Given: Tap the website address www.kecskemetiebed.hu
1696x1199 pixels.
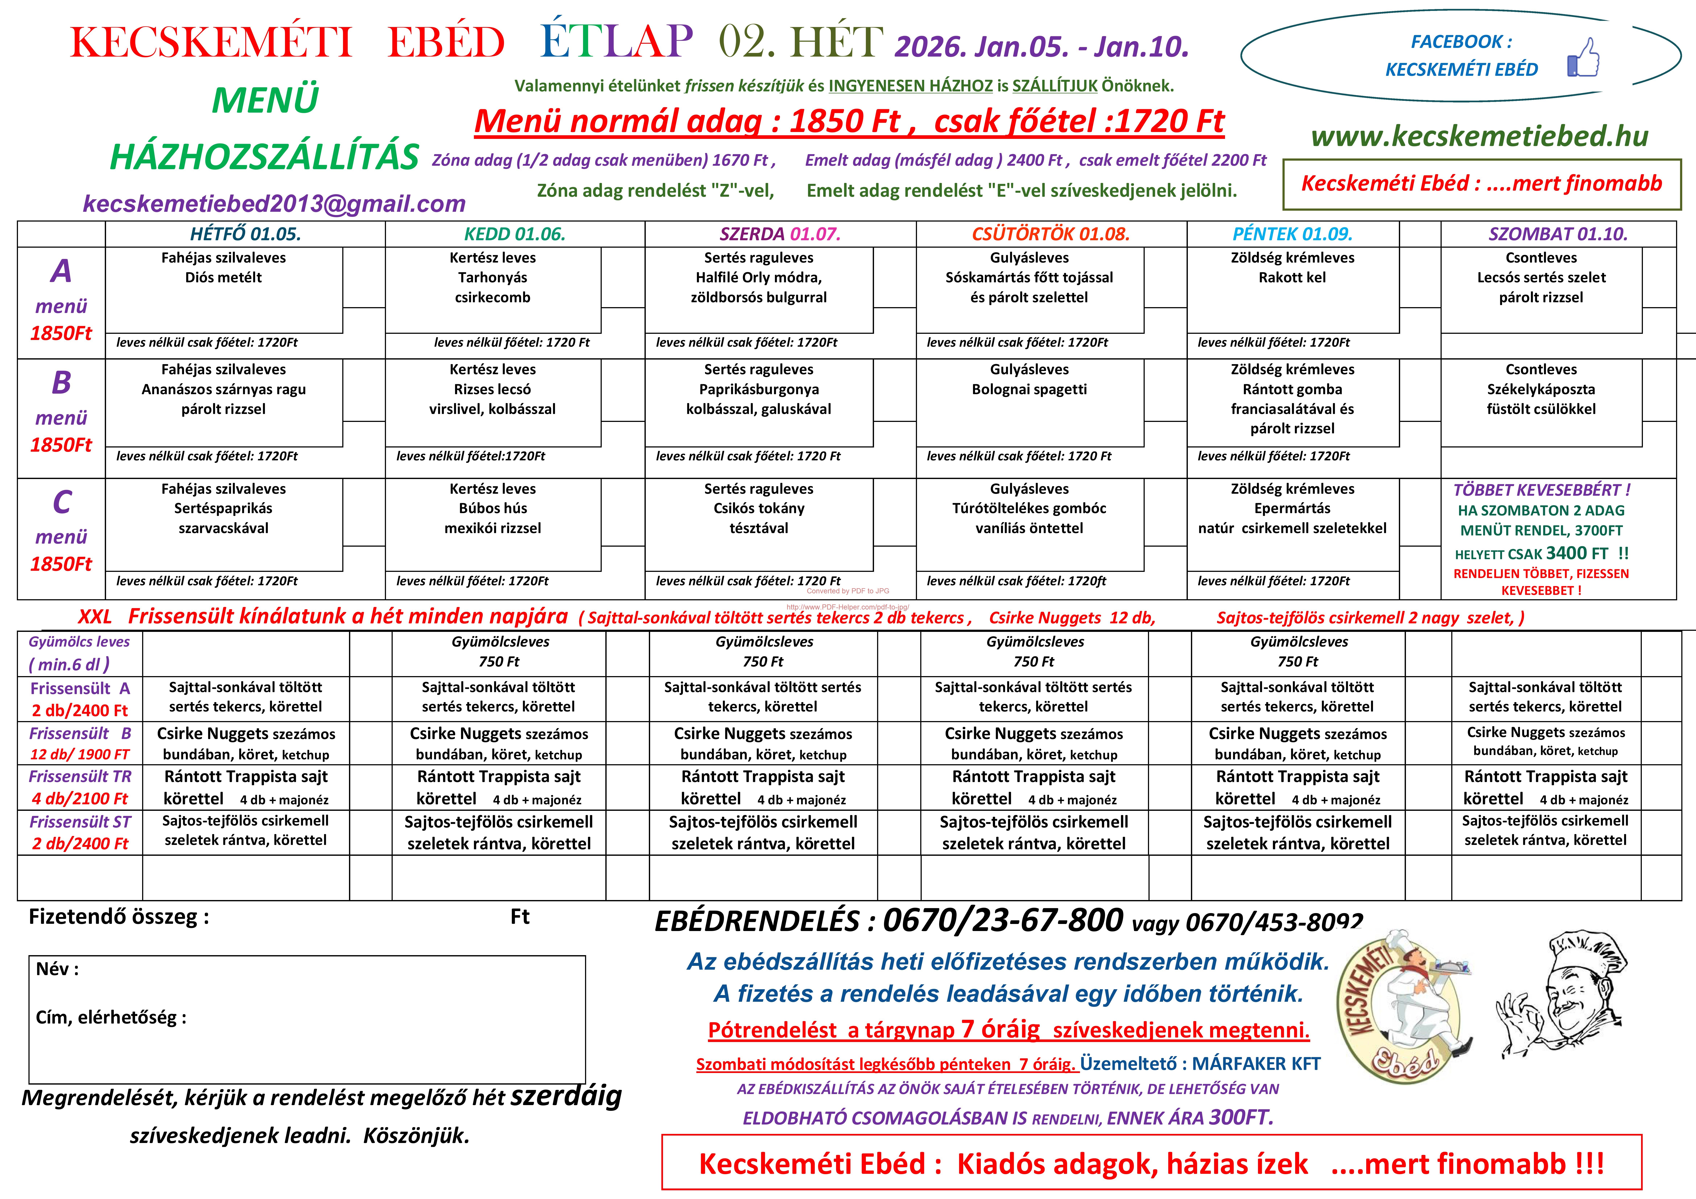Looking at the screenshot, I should coord(1480,136).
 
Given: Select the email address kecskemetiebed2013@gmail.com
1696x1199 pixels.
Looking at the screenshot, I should coord(274,203).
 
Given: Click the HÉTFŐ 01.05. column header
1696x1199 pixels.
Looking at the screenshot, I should coord(245,234).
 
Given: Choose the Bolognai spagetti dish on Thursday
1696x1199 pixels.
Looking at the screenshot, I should coord(1029,389).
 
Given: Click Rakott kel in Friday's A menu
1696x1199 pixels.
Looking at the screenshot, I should coord(1292,278).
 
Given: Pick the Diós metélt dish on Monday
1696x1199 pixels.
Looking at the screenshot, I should coord(223,278).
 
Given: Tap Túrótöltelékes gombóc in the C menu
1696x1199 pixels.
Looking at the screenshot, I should coord(1029,508).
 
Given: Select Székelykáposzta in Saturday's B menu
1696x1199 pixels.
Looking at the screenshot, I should coord(1541,389).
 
